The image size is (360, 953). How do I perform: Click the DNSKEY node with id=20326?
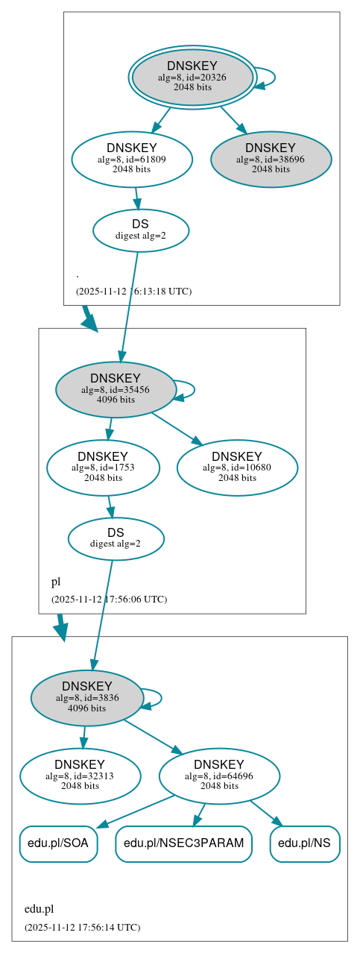pyautogui.click(x=192, y=77)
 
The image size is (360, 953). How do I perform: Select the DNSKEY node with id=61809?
pyautogui.click(x=132, y=159)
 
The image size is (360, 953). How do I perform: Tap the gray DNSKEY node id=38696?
pyautogui.click(x=271, y=159)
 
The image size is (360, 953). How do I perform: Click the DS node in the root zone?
pyautogui.click(x=140, y=230)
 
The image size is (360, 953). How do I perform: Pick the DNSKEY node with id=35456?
pyautogui.click(x=116, y=389)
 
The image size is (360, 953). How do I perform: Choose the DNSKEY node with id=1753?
pyautogui.click(x=103, y=468)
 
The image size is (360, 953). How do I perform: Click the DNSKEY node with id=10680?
pyautogui.click(x=237, y=468)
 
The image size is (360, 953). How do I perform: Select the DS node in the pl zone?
pyautogui.click(x=116, y=538)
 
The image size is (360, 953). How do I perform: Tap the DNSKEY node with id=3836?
pyautogui.click(x=87, y=698)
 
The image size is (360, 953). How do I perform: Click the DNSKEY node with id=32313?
pyautogui.click(x=80, y=776)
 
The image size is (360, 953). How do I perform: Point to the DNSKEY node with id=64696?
pyautogui.click(x=219, y=776)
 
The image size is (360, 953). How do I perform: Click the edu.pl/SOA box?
pyautogui.click(x=58, y=843)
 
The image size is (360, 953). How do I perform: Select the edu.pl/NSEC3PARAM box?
pyautogui.click(x=183, y=843)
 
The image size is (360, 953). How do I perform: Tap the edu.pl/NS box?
pyautogui.click(x=305, y=843)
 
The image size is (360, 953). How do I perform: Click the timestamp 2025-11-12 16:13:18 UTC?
pyautogui.click(x=133, y=291)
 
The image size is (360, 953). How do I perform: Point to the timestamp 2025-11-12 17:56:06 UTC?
pyautogui.click(x=109, y=599)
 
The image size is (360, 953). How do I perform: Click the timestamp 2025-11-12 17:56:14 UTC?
pyautogui.click(x=82, y=927)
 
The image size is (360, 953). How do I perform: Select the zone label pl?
pyautogui.click(x=56, y=582)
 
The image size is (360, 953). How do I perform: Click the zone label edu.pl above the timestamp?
pyautogui.click(x=39, y=909)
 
